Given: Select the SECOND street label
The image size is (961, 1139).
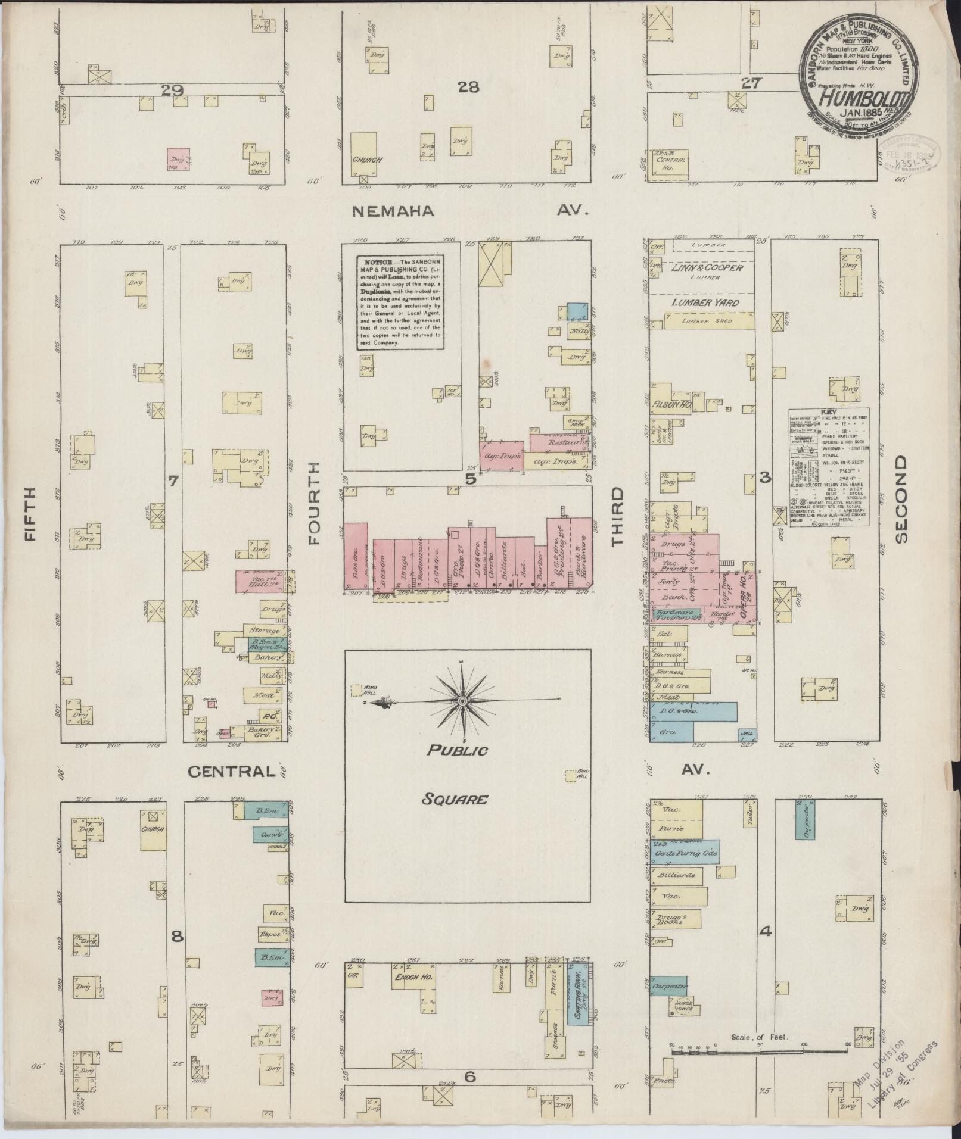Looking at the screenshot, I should [x=901, y=499].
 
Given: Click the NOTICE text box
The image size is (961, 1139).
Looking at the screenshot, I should [x=400, y=302].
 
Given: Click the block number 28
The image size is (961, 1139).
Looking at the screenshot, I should [x=468, y=88].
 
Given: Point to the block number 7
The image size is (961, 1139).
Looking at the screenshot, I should [x=173, y=481].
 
